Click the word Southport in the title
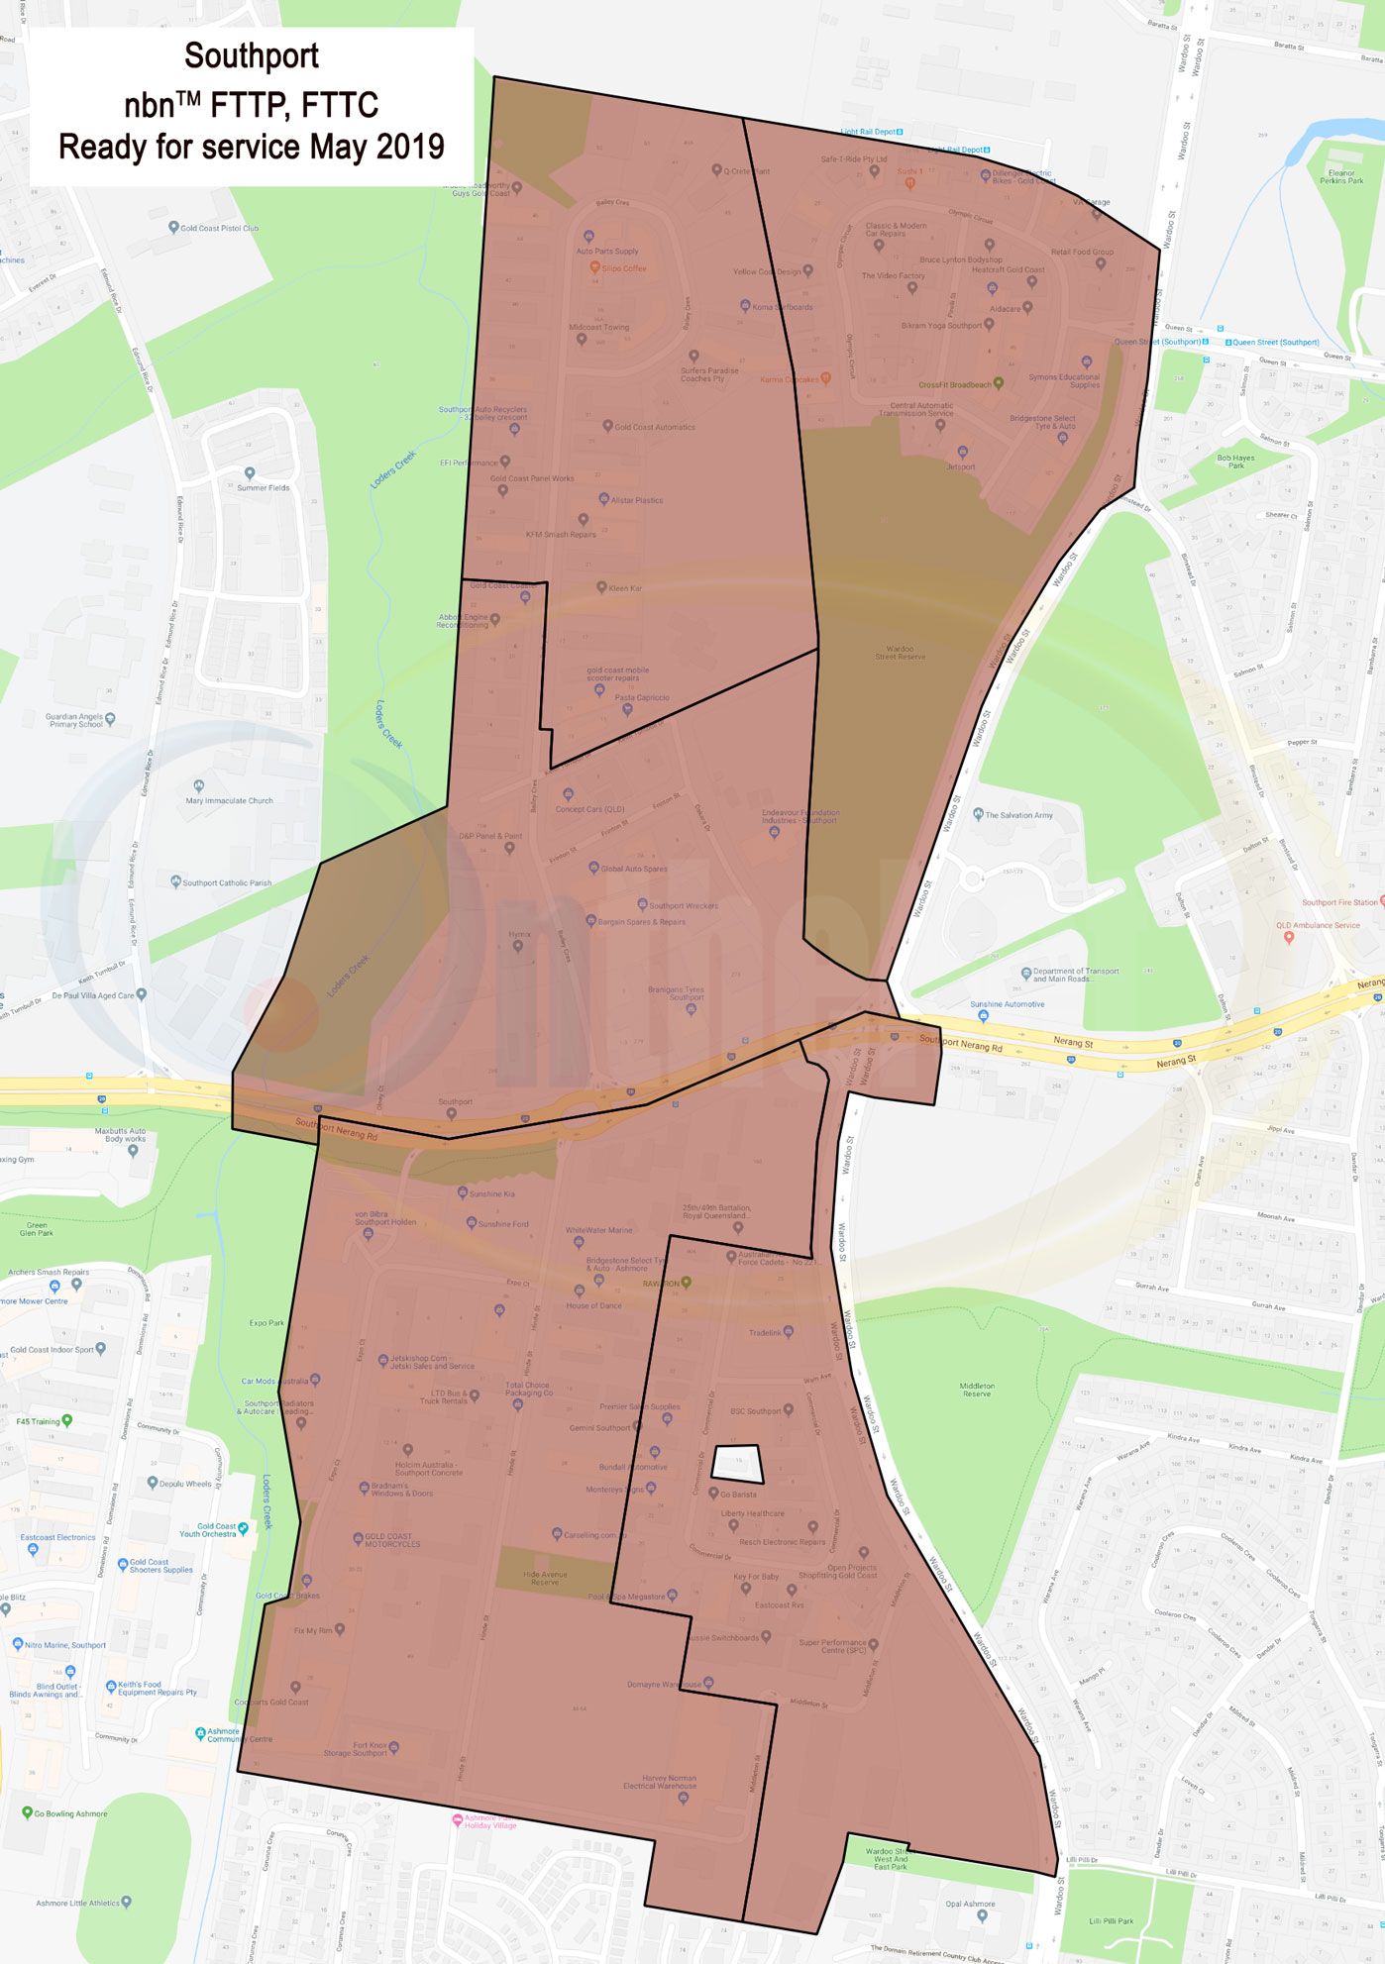[x=251, y=56]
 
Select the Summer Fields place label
[x=263, y=487]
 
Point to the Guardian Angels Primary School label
[x=75, y=720]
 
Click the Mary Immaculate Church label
[x=229, y=800]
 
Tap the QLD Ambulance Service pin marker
[x=1288, y=938]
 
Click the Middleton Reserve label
[x=977, y=1390]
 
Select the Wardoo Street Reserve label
[x=900, y=653]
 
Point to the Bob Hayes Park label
[x=1235, y=461]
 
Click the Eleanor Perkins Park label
[x=1341, y=176]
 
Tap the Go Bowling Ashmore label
[x=70, y=1813]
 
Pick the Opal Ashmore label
[x=970, y=1904]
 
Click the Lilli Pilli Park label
[x=1111, y=1920]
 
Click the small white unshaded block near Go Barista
[x=737, y=1464]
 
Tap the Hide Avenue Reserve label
[x=545, y=1578]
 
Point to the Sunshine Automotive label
[x=1007, y=1004]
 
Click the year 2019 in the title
[x=410, y=147]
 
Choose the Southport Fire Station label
[x=1338, y=902]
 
